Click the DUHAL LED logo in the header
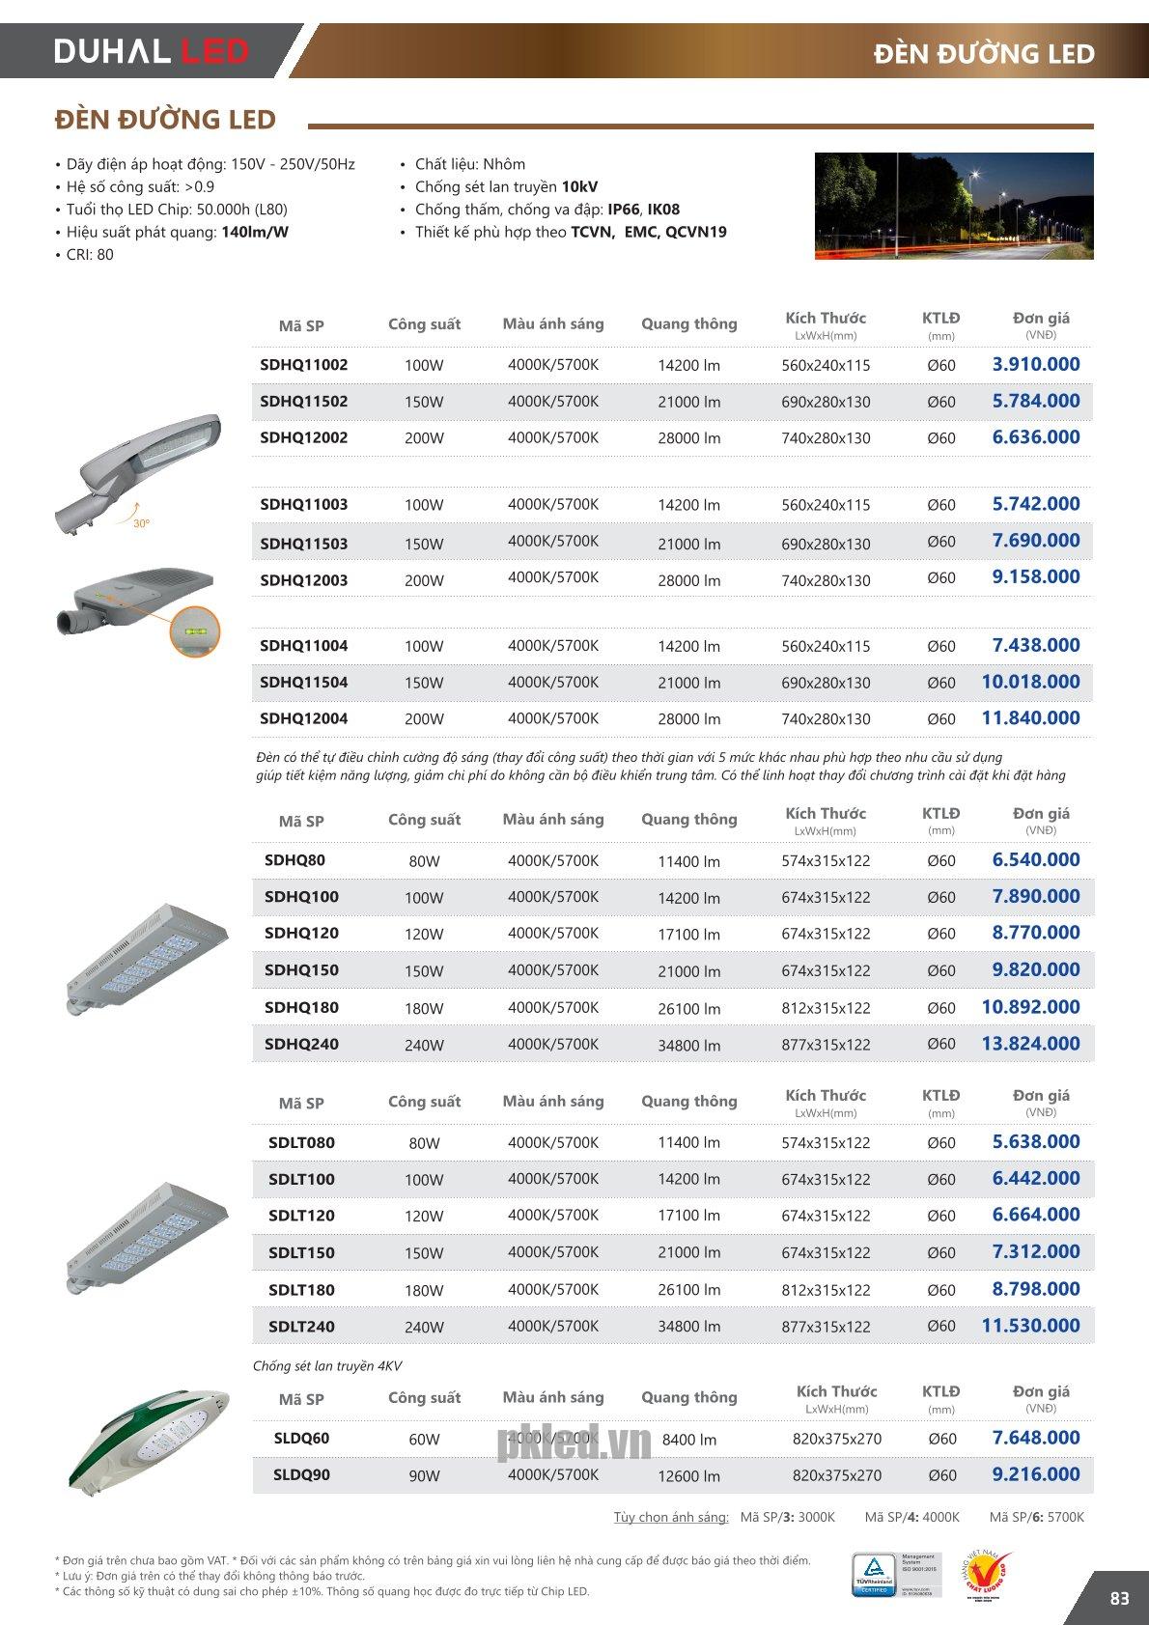[x=152, y=50]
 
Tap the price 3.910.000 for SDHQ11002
[x=1035, y=364]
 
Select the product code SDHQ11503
[x=303, y=543]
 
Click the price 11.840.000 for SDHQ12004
[x=1030, y=717]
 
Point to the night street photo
[x=953, y=206]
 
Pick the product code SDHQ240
[x=301, y=1044]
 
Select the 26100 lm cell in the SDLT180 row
[x=688, y=1289]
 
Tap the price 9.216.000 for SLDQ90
[x=1035, y=1474]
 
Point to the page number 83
[x=1119, y=1598]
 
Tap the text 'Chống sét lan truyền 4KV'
[x=327, y=1365]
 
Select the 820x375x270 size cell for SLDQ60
[x=836, y=1438]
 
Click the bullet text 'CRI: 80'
[x=90, y=254]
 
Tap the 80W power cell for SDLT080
[x=424, y=1142]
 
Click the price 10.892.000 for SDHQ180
[x=1030, y=1006]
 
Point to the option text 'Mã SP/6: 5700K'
[x=1036, y=1516]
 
